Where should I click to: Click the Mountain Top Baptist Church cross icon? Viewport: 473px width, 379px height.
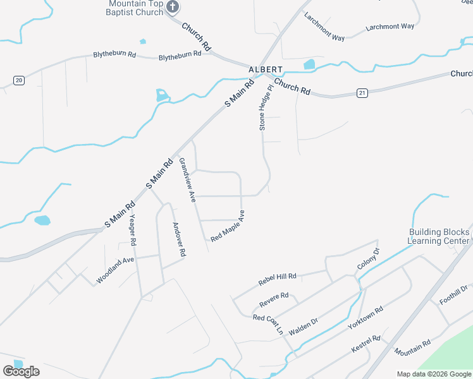(x=173, y=8)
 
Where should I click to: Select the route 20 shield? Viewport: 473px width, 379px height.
(x=19, y=80)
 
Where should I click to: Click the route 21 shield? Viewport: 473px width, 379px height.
(x=362, y=93)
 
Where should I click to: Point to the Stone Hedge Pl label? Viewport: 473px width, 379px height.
(x=266, y=110)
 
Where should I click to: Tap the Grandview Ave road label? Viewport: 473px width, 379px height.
(x=188, y=180)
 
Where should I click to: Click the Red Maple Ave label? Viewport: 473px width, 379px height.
(x=228, y=227)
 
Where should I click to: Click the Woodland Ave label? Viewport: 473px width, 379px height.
(x=115, y=270)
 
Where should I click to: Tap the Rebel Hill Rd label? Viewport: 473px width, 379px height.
(x=277, y=278)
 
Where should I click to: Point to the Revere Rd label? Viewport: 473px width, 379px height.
(x=274, y=296)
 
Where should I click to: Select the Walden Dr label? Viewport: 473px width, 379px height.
(x=303, y=326)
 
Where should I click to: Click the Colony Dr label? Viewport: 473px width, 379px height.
(x=368, y=259)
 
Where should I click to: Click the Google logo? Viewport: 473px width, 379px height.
(x=21, y=371)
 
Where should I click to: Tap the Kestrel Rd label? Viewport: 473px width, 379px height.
(x=366, y=344)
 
